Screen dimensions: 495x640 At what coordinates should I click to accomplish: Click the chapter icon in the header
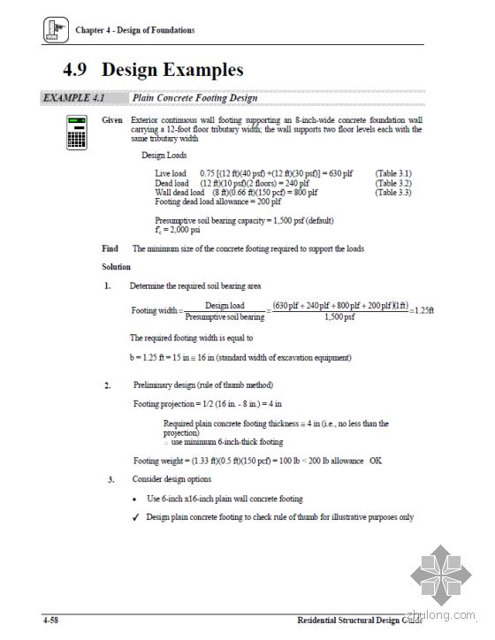click(x=54, y=31)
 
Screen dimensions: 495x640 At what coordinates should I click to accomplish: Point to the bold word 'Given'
click(x=112, y=119)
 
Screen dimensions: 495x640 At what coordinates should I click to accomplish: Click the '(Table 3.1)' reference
click(x=393, y=173)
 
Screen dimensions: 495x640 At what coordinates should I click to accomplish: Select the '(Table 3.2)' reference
click(x=393, y=182)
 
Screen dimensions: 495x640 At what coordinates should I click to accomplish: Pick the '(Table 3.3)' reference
click(x=393, y=192)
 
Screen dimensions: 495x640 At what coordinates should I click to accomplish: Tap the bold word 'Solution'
click(x=117, y=267)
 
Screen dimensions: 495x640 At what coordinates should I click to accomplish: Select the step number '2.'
click(x=107, y=385)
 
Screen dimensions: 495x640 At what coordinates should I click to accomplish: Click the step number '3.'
click(x=111, y=480)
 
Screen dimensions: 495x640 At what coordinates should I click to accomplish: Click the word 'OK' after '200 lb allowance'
click(x=376, y=461)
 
